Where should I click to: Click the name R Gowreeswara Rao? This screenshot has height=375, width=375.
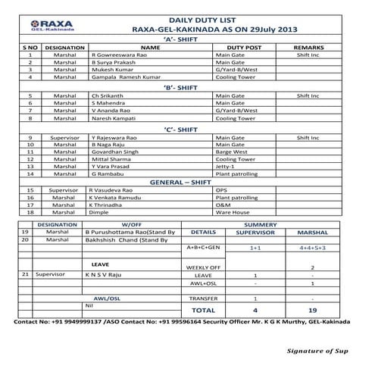tap(123, 55)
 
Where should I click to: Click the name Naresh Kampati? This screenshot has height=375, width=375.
tap(115, 118)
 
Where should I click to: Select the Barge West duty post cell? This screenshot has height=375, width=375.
tap(235, 151)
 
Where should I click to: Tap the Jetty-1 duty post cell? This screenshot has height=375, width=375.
tap(227, 166)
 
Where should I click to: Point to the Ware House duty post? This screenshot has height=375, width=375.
tap(233, 213)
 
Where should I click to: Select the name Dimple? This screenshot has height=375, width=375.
tap(101, 213)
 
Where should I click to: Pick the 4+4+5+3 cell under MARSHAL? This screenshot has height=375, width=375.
tap(312, 248)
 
